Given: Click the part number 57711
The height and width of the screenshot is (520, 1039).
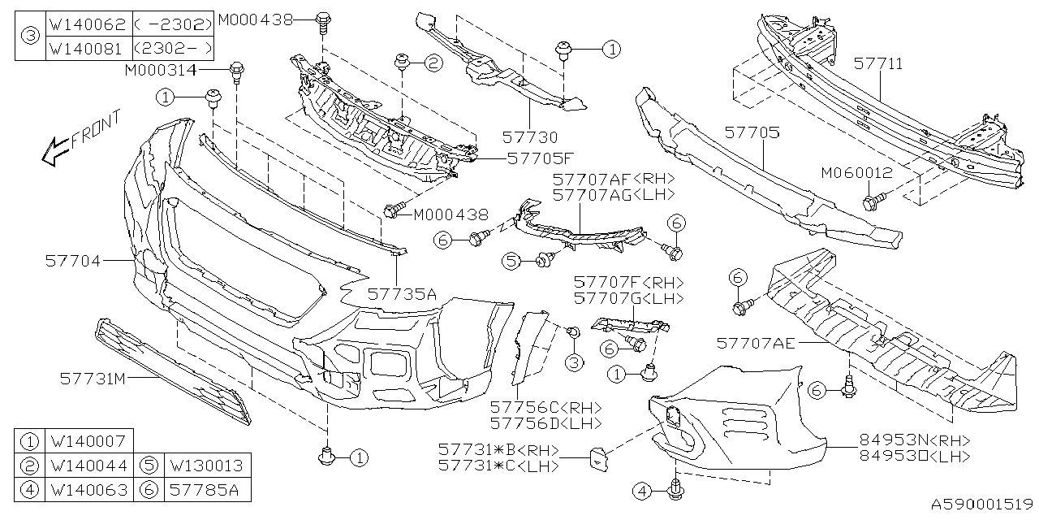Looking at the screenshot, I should click(x=877, y=63).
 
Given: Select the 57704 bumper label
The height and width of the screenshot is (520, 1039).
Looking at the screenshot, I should click(x=74, y=261).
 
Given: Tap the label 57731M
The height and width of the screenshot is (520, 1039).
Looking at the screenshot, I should click(x=93, y=378).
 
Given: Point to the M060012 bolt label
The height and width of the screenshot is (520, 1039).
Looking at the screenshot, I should click(x=856, y=173).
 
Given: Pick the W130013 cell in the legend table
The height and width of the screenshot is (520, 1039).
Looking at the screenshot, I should click(x=206, y=466).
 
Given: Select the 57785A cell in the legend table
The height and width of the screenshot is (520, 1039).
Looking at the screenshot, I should click(x=206, y=490).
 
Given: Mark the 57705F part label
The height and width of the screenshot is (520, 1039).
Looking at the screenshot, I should click(x=540, y=159).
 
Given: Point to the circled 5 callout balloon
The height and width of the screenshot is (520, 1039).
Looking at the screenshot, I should click(x=510, y=261).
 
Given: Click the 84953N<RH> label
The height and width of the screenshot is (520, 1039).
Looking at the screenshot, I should click(x=915, y=440).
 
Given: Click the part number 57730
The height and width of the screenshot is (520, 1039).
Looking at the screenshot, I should click(x=530, y=138).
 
